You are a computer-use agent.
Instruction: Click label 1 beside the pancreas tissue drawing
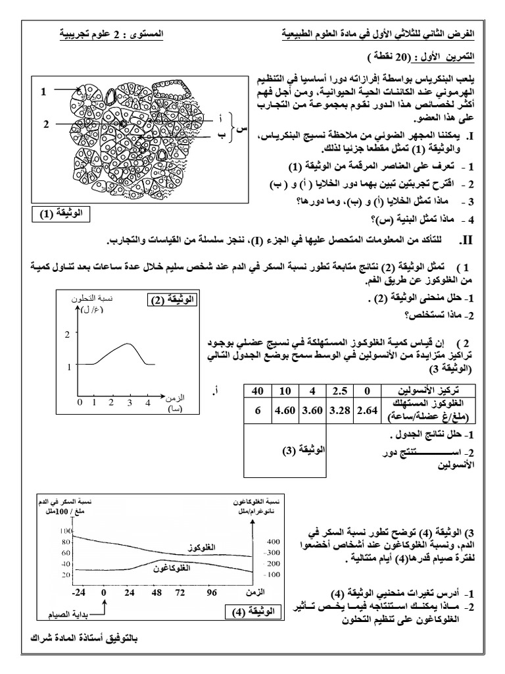43,92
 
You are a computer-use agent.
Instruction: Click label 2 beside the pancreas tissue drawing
47,123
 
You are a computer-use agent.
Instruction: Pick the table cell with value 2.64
368,411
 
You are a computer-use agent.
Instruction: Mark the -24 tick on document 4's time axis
79,592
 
